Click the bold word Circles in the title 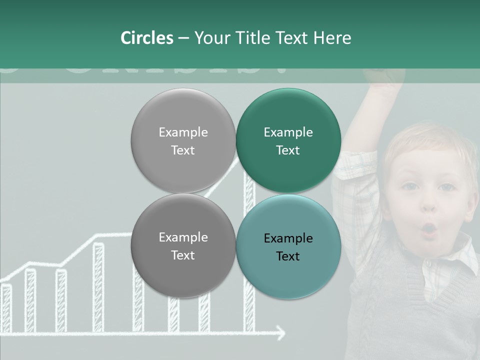point(147,38)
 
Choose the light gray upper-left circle point(183,140)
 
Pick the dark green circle point(288,140)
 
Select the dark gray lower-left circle point(183,245)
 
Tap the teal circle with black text point(288,246)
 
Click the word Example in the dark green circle point(288,132)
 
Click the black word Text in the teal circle point(288,256)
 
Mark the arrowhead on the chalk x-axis point(281,332)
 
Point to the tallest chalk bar point(248,250)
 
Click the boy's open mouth point(430,229)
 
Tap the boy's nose point(429,205)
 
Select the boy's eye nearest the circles point(411,186)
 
